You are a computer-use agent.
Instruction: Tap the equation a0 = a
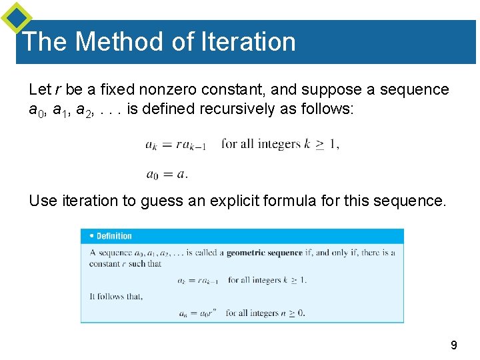pyautogui.click(x=167, y=175)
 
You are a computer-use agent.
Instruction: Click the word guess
pyautogui.click(x=162, y=200)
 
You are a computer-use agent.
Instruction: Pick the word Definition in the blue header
pyautogui.click(x=114, y=236)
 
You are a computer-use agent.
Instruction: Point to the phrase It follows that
pyautogui.click(x=116, y=297)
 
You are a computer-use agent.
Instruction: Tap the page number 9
pyautogui.click(x=453, y=345)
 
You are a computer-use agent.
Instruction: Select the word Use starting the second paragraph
pyautogui.click(x=43, y=200)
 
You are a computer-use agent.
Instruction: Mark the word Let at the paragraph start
pyautogui.click(x=39, y=89)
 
